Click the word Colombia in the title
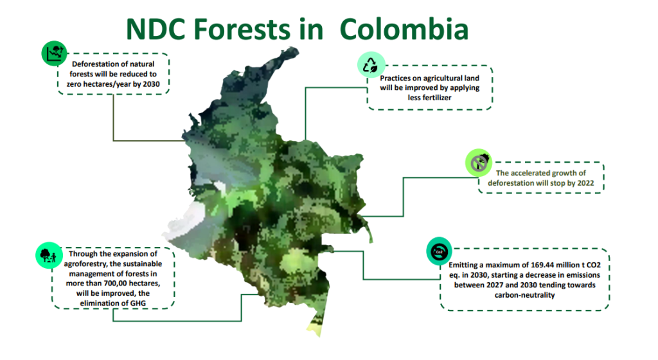[x=404, y=30]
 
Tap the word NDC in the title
[x=156, y=30]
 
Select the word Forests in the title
[x=242, y=30]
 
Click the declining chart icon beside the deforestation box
[x=54, y=53]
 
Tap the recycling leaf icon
[x=371, y=65]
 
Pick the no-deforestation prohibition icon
[x=478, y=163]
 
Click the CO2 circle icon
[x=439, y=252]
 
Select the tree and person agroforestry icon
[x=49, y=255]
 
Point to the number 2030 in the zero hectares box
[x=152, y=84]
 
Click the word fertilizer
[x=429, y=97]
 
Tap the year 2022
[x=585, y=183]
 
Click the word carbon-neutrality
[x=524, y=295]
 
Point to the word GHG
[x=138, y=303]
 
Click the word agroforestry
[x=85, y=264]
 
